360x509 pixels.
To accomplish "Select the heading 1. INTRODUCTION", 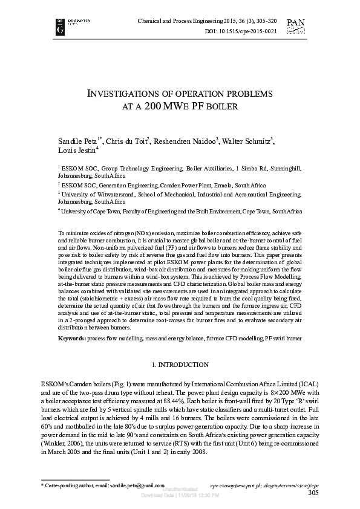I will click(x=180, y=365).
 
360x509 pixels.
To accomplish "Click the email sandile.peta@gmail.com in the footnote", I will click(x=134, y=485).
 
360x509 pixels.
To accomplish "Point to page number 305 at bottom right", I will click(x=313, y=493).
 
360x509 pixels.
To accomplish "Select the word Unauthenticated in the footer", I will click(x=179, y=488).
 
